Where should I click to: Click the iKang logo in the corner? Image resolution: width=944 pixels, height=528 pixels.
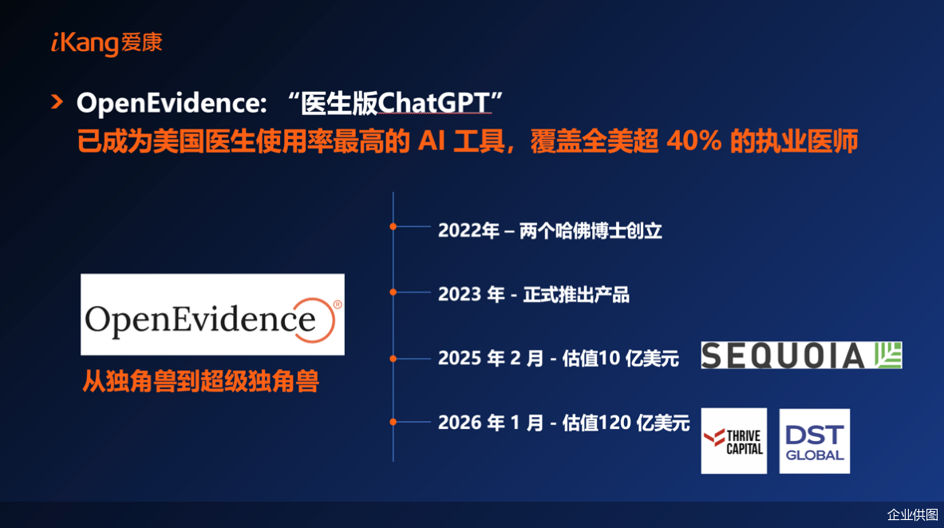(107, 43)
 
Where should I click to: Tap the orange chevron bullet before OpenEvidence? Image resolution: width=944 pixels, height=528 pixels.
(57, 102)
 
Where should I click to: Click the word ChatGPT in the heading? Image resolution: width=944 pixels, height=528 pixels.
(433, 103)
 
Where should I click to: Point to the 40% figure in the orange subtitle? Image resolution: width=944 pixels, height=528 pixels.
(694, 141)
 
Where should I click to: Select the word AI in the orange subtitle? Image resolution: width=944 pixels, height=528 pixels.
(432, 141)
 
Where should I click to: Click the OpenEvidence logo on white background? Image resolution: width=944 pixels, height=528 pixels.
(212, 315)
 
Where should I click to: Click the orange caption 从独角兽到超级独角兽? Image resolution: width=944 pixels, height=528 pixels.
(200, 381)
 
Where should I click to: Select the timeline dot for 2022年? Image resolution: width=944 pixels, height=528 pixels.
(393, 227)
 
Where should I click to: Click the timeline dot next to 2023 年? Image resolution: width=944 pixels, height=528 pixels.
(393, 292)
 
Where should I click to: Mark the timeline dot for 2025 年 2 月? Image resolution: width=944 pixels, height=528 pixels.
(393, 359)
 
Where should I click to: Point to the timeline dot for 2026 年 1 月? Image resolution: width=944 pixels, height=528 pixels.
(393, 422)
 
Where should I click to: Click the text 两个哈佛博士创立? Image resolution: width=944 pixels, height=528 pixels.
(590, 231)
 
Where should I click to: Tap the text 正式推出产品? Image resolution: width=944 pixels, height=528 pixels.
(576, 295)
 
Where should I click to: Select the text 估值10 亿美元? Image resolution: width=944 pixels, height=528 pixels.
(620, 359)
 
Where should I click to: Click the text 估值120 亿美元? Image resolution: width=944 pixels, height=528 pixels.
(626, 423)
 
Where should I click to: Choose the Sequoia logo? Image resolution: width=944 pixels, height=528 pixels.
(801, 355)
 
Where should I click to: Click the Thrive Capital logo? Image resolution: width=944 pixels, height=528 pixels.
(734, 441)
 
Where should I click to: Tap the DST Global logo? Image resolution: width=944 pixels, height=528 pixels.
(815, 441)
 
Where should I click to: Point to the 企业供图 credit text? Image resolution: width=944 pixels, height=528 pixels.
(913, 514)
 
